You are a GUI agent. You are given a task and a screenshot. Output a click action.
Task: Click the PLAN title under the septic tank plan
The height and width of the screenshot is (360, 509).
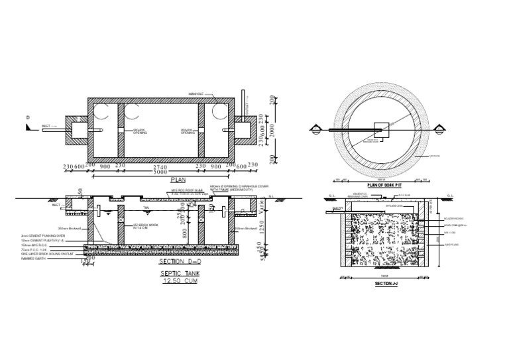(178, 180)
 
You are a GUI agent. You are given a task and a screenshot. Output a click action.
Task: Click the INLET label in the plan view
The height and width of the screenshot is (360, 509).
(46, 125)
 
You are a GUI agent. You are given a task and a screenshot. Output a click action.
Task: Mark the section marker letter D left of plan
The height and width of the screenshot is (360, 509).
(28, 117)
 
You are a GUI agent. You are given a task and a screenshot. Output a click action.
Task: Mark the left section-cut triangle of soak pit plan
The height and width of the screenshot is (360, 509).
(315, 129)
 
